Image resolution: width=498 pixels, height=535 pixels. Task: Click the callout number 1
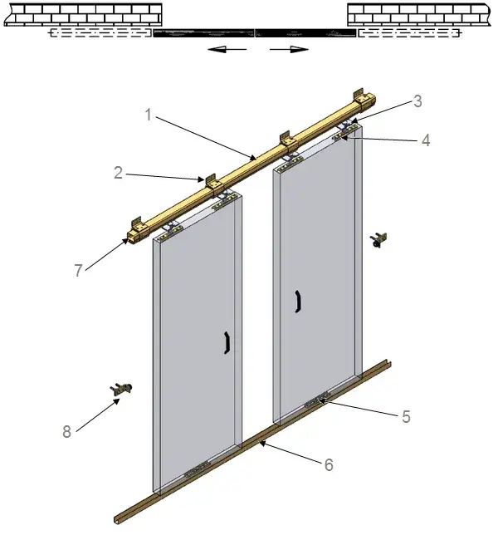pos(148,115)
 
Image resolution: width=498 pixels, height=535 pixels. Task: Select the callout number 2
pos(119,173)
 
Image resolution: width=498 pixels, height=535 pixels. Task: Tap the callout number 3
pos(417,101)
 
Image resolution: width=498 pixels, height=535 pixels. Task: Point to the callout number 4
pos(426,140)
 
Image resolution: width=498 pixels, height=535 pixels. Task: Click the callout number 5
pos(406,416)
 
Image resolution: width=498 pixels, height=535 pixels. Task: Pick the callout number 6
pos(329,464)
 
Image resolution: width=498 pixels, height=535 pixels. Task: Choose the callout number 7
pos(78,271)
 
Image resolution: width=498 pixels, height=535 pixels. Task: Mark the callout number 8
pos(66,432)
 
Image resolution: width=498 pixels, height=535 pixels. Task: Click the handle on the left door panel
pos(227,342)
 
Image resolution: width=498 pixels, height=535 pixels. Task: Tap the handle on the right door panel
pos(298,302)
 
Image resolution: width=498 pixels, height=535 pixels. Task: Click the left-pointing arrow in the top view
pos(227,49)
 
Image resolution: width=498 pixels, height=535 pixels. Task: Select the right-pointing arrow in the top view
pos(289,49)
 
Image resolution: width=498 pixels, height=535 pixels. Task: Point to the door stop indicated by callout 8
pos(121,389)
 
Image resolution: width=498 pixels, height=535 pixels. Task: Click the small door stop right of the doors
pos(378,239)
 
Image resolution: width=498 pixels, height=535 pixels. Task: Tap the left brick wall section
pos(83,15)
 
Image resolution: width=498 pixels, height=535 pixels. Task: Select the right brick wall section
pos(419,15)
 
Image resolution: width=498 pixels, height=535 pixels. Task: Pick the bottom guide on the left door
pos(197,469)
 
